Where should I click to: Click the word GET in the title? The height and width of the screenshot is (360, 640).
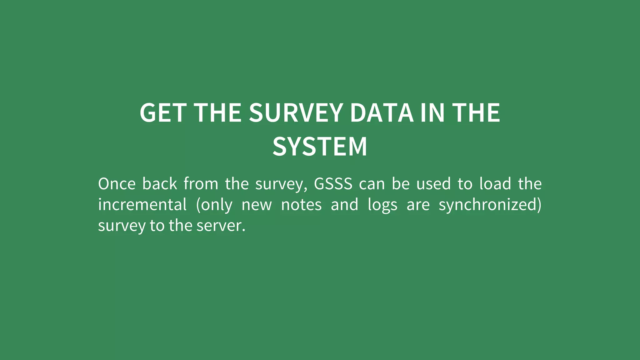click(x=163, y=113)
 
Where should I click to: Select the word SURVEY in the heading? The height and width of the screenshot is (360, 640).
click(x=296, y=113)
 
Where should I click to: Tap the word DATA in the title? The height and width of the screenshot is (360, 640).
click(x=382, y=113)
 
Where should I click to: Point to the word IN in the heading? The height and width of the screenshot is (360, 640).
click(x=432, y=113)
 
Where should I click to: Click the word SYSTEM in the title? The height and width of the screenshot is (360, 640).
click(x=320, y=147)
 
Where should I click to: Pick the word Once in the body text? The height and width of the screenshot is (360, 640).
click(x=117, y=184)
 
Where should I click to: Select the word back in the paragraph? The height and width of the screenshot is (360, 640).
click(x=160, y=184)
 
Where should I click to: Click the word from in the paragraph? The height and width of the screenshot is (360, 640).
click(x=201, y=184)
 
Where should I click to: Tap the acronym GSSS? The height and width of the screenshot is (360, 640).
click(x=333, y=184)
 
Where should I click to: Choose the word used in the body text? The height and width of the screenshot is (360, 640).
click(x=433, y=184)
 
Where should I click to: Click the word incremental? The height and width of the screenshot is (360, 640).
click(x=142, y=205)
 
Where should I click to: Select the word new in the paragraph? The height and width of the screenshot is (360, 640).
click(x=257, y=205)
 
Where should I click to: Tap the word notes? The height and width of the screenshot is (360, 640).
click(x=301, y=205)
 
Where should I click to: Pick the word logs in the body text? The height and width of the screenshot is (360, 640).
click(x=382, y=205)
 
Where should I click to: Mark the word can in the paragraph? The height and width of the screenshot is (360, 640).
click(x=372, y=184)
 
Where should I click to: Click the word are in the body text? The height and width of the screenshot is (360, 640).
click(x=418, y=205)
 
